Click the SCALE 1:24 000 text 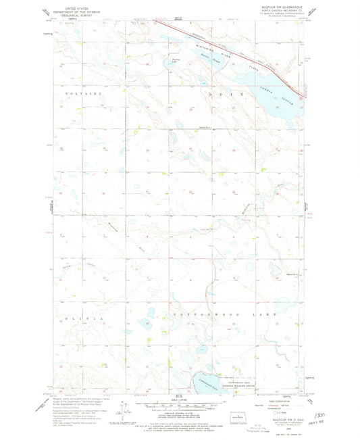[180, 399]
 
